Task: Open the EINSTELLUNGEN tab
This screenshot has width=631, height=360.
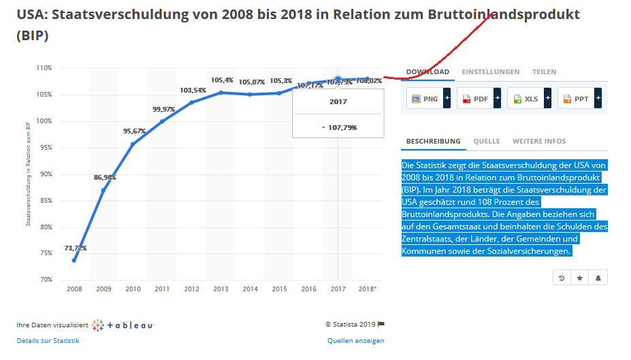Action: (490, 71)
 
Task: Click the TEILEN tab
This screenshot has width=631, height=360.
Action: (544, 71)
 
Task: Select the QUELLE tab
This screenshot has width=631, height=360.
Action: (486, 141)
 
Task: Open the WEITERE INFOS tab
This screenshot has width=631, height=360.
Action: (538, 141)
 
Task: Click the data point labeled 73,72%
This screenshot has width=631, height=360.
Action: (74, 260)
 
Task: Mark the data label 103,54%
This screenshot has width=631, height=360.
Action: (193, 90)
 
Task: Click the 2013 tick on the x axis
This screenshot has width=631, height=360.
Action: (221, 289)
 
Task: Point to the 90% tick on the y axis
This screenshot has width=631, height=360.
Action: (45, 174)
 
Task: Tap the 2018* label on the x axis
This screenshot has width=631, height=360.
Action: (368, 289)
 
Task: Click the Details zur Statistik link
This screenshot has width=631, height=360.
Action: (48, 340)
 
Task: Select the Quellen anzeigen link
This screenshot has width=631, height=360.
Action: (355, 340)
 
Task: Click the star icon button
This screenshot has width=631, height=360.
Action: (579, 278)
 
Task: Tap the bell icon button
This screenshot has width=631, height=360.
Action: (598, 278)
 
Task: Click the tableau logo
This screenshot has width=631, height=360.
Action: (123, 325)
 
